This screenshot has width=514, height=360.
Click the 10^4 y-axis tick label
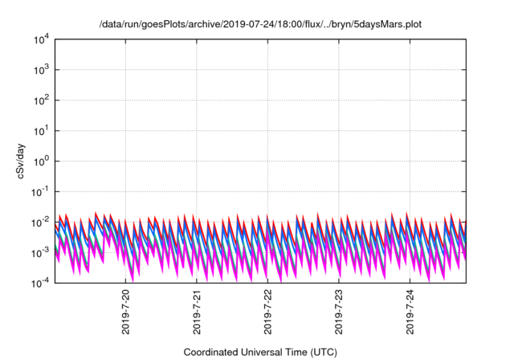[41, 39]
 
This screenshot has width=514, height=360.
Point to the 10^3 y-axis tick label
[41, 69]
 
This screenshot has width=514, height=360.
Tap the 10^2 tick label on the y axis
[41, 100]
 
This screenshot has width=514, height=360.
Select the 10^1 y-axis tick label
[41, 130]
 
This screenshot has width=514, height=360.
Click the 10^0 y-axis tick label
[41, 161]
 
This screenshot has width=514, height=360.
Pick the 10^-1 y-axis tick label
[40, 191]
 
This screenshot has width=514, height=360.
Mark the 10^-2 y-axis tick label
[40, 222]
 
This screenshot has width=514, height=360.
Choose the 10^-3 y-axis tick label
[40, 252]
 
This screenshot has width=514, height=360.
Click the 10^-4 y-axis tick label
[40, 283]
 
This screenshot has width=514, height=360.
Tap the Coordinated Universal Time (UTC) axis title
[260, 352]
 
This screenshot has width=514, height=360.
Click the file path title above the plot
[260, 24]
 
